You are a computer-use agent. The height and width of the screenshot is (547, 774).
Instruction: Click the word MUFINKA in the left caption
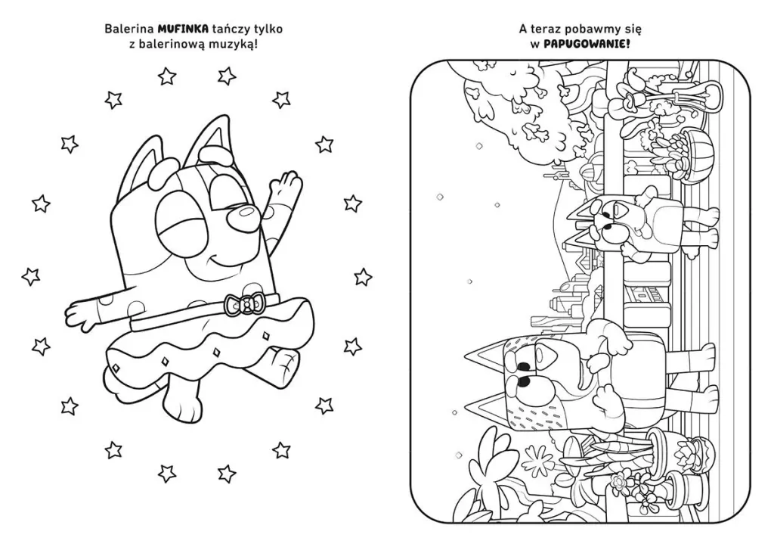(182, 30)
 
